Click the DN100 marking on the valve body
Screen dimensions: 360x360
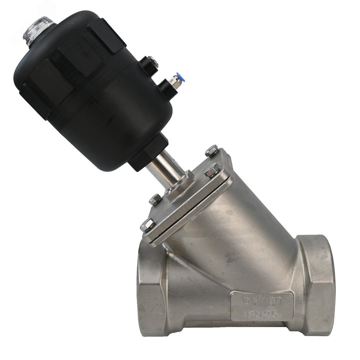tap(262, 301)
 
